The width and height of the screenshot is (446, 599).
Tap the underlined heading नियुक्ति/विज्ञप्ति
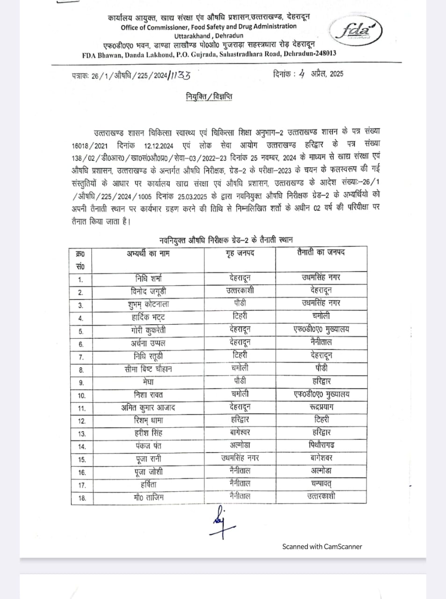pos(209,97)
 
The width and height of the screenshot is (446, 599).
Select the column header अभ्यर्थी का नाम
pos(148,254)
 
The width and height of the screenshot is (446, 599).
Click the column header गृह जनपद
pos(240,253)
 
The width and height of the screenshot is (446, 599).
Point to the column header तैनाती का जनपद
pos(321,253)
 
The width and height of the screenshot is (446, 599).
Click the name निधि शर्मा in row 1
pos(148,278)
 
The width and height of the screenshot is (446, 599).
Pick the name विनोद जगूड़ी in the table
pos(148,291)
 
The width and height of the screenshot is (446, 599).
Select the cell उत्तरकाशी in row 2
pos(240,291)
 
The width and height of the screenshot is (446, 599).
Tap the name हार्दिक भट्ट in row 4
pos(148,317)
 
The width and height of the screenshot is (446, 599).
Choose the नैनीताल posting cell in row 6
pos(321,342)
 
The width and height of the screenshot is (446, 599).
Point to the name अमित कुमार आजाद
pos(148,408)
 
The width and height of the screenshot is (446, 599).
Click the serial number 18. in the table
pos(82,498)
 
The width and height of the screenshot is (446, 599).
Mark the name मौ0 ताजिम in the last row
pos(148,497)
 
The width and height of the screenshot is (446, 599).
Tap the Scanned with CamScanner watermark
pos(322,546)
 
